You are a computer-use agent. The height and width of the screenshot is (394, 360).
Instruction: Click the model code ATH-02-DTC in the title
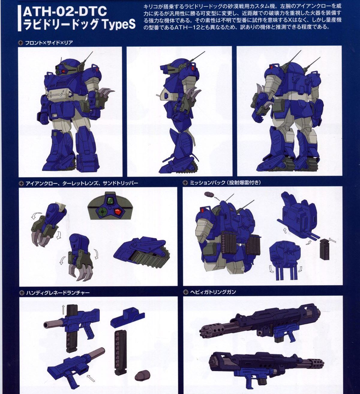pos(65,11)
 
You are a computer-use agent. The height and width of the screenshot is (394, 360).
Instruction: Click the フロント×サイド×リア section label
pos(49,43)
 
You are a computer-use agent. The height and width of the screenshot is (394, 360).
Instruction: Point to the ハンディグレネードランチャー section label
pos(58,293)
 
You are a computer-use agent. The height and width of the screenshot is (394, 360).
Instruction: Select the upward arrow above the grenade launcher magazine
pos(63,310)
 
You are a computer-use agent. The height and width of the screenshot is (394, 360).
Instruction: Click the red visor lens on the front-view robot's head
pos(65,70)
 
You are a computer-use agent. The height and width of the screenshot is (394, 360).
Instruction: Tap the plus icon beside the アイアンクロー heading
pos(21,183)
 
